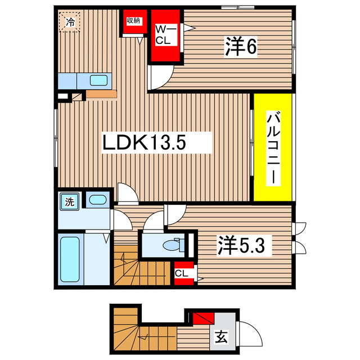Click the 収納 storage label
coord(133,21)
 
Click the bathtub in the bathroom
coord(70,260)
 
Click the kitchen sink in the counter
coord(98,80)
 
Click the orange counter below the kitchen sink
coord(101,94)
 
